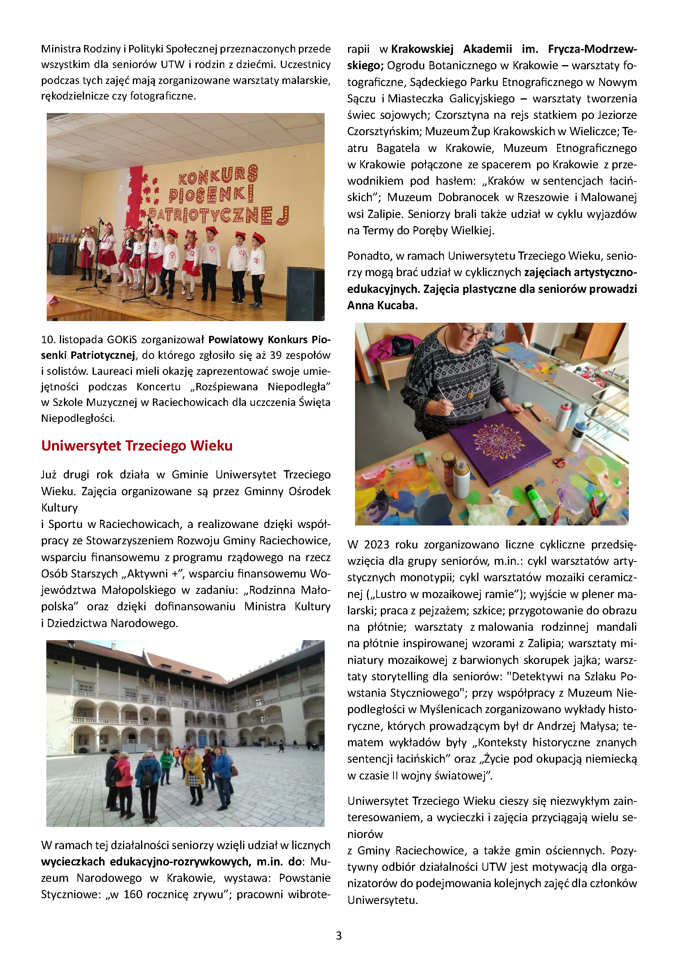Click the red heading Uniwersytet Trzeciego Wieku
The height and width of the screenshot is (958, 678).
pos(137,446)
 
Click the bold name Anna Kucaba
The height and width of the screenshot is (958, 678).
pos(382,306)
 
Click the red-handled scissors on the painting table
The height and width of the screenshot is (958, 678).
pos(560,461)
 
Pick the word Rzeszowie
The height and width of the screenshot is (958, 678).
pos(543,197)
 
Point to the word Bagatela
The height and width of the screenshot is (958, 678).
pos(398,148)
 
